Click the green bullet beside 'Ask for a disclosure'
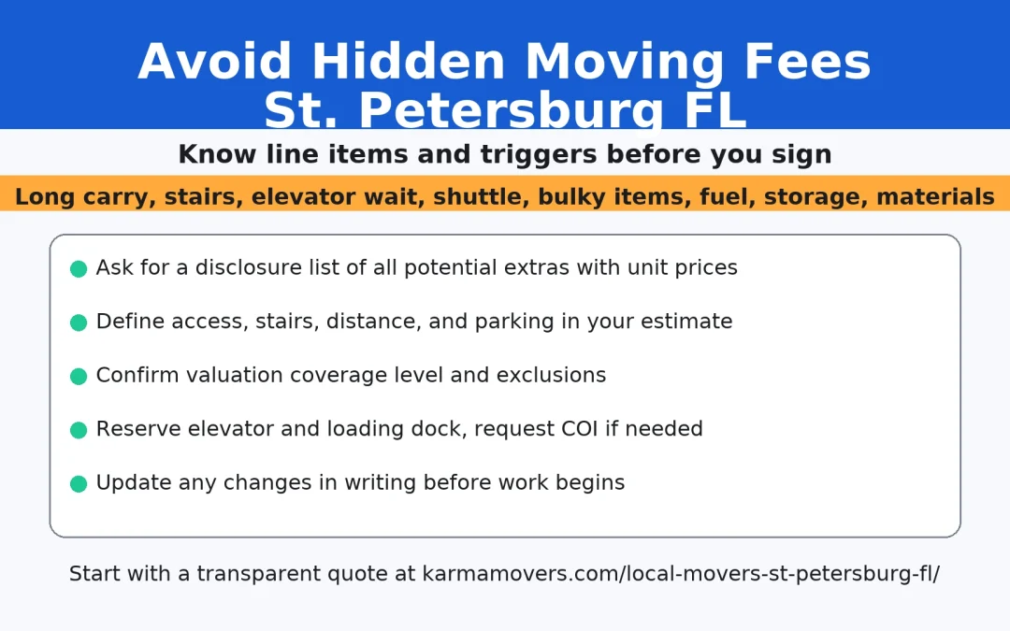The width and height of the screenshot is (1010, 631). [79, 269]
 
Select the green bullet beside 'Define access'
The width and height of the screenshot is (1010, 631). [79, 323]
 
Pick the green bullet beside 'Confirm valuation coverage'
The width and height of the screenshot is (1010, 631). [79, 377]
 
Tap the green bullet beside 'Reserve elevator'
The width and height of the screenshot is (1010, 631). [79, 430]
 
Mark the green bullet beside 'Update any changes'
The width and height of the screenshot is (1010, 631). [79, 484]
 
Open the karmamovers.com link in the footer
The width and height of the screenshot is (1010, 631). [680, 574]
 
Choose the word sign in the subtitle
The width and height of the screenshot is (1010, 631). [805, 155]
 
